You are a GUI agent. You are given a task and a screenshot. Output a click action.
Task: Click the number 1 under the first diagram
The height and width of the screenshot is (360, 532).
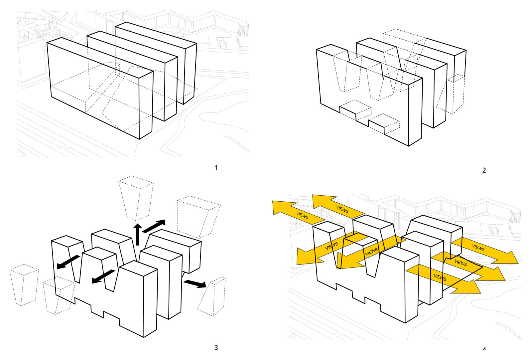(x=216, y=168)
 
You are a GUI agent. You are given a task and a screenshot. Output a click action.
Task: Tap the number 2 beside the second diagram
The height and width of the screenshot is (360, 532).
(x=484, y=170)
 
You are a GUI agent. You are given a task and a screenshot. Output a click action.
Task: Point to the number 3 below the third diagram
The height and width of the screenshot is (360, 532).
(x=216, y=347)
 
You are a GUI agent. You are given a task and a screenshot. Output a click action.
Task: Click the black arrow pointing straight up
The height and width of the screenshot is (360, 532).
(x=138, y=234)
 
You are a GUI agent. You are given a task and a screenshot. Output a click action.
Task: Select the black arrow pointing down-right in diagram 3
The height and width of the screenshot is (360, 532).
(x=195, y=283)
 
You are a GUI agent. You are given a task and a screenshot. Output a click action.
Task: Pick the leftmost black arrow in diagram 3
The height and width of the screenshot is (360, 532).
(x=68, y=262)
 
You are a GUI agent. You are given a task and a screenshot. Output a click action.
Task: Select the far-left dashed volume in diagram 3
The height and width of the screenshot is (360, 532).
(x=24, y=284)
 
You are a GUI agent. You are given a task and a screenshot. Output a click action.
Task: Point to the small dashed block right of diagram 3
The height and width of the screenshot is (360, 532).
(x=213, y=296)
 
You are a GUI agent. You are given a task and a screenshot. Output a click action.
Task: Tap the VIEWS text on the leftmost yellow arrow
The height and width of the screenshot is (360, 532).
(x=302, y=215)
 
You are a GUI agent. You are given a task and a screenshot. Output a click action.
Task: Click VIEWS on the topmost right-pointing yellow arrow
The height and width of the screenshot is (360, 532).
(x=478, y=248)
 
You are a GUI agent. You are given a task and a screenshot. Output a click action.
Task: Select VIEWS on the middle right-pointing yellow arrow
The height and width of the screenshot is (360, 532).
(x=461, y=263)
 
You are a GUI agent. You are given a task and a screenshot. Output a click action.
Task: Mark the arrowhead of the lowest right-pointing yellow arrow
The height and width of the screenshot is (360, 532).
(x=472, y=286)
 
